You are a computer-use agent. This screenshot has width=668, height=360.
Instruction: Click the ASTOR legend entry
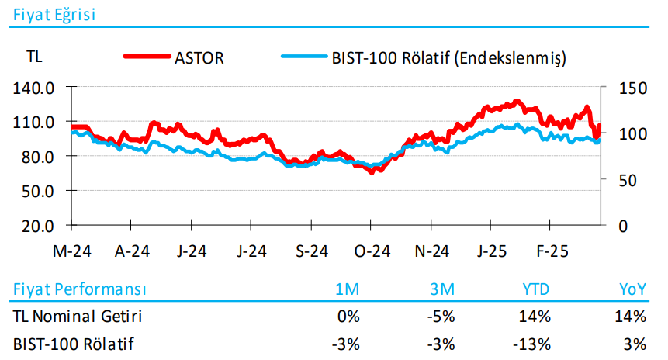(200, 58)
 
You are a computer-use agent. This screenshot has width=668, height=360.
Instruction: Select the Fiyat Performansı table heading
(80, 289)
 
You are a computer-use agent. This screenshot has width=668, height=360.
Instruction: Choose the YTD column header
(535, 289)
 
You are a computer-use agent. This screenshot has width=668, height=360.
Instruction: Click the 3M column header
(441, 289)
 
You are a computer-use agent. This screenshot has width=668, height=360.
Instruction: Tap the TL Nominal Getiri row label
(78, 316)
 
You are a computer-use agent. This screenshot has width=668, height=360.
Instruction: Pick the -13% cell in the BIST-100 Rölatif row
(534, 343)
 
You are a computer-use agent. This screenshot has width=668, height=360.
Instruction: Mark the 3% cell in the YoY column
(634, 343)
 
